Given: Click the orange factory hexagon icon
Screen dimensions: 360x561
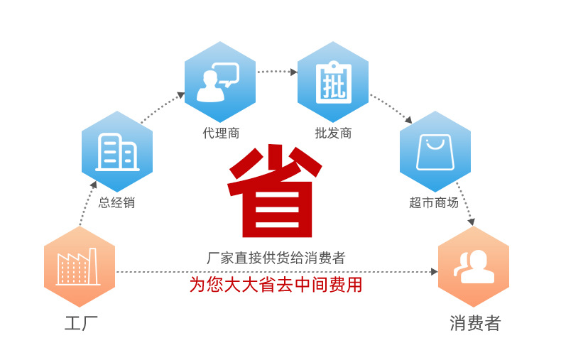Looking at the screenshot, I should [x=80, y=266].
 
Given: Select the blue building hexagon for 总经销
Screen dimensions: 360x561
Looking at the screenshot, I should [x=117, y=151].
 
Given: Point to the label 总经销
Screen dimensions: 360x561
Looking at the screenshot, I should [x=116, y=203].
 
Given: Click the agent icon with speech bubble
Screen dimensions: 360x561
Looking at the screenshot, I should [x=219, y=82].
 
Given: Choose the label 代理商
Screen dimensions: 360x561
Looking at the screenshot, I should [x=220, y=133].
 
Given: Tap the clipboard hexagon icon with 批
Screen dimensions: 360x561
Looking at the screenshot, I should [x=332, y=82].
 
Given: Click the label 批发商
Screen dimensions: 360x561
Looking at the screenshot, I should [x=333, y=133].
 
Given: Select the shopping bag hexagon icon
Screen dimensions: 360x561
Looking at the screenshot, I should [x=435, y=151].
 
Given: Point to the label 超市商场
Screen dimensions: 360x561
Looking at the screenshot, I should [x=434, y=203].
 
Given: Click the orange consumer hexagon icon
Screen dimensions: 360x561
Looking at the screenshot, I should [x=473, y=266].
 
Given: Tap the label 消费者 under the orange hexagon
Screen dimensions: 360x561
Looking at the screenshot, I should [x=475, y=324].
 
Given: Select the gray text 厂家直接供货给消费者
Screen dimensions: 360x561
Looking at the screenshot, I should [x=276, y=258].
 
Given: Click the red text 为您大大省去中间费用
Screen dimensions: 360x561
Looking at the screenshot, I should [x=276, y=285].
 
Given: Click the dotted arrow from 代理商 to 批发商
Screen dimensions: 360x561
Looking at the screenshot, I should [x=276, y=71].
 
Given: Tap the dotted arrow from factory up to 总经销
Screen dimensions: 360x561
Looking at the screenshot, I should [x=87, y=206].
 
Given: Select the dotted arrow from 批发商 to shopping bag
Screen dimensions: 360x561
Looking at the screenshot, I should [x=390, y=107].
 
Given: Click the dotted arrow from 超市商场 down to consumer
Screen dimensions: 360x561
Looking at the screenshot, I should [x=464, y=206].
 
